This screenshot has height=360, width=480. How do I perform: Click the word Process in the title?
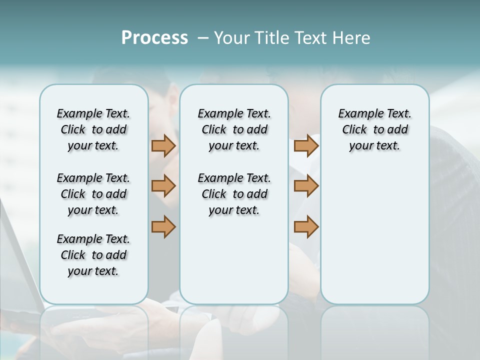click(x=154, y=38)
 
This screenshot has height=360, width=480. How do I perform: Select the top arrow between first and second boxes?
click(x=163, y=146)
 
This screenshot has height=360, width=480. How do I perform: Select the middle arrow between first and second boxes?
click(x=163, y=186)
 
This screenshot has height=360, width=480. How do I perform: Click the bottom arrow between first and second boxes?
click(x=163, y=226)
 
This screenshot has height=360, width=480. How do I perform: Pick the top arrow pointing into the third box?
click(x=306, y=146)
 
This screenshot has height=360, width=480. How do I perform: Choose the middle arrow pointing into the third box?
click(x=306, y=186)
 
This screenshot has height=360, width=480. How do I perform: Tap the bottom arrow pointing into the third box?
click(x=306, y=226)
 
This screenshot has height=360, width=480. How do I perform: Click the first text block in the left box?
click(x=93, y=129)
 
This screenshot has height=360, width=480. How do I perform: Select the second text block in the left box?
click(x=93, y=194)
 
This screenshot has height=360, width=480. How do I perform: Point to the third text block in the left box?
click(x=93, y=255)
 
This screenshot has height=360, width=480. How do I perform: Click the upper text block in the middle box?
click(x=234, y=129)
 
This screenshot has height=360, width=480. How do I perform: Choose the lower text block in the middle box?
click(x=234, y=194)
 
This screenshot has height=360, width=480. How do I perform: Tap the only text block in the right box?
click(x=374, y=129)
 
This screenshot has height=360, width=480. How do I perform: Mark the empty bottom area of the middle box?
click(x=234, y=265)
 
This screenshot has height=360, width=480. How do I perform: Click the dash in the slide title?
click(x=203, y=38)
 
